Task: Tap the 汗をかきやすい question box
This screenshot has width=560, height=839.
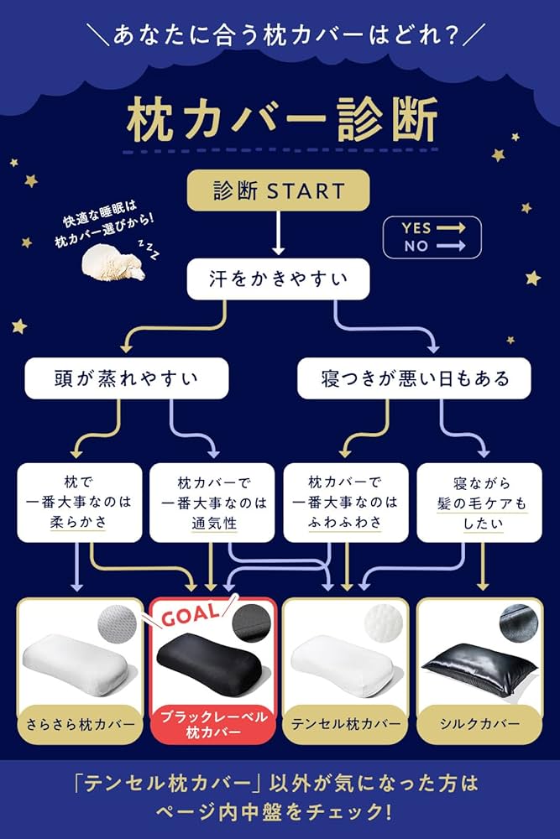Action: coord(278,279)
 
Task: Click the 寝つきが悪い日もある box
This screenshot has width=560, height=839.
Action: coord(415,378)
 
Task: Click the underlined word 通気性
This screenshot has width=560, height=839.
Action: coord(213,523)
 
